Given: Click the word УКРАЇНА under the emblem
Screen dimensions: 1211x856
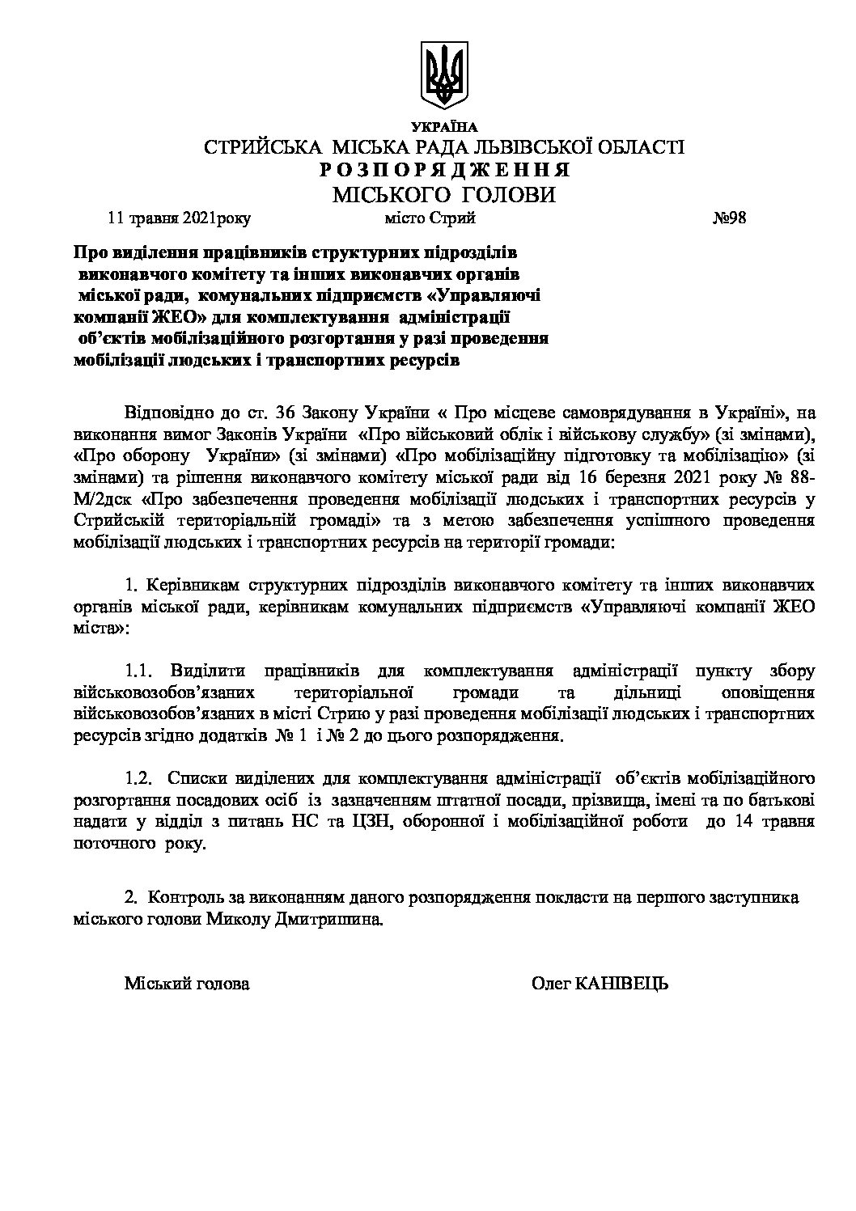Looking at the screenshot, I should pyautogui.click(x=444, y=127).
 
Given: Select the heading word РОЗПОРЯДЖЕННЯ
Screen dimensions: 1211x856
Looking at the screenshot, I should pyautogui.click(x=443, y=171).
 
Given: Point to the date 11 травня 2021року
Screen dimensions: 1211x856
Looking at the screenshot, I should pyautogui.click(x=180, y=218).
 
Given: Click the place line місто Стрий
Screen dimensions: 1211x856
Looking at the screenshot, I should pyautogui.click(x=430, y=218).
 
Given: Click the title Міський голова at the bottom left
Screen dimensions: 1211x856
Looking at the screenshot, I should pyautogui.click(x=187, y=984).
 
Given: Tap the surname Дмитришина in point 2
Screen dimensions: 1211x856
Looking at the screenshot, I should pyautogui.click(x=333, y=921).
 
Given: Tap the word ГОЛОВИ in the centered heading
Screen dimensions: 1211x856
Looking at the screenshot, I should pyautogui.click(x=508, y=195).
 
